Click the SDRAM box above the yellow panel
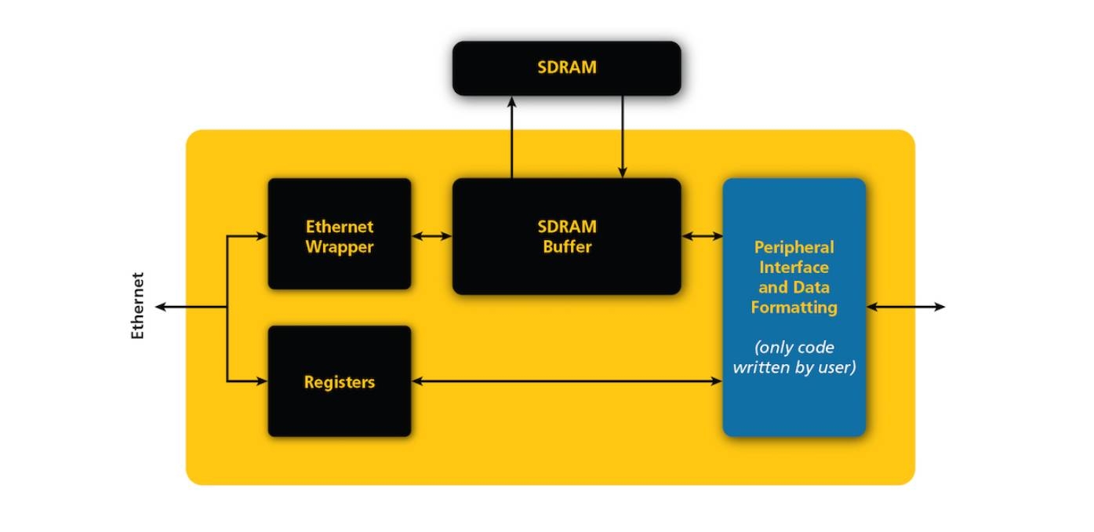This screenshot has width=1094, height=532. (x=566, y=68)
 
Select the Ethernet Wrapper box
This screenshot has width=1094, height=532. (x=339, y=234)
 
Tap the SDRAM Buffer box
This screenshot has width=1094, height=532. (x=566, y=236)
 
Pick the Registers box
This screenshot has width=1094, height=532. (x=339, y=381)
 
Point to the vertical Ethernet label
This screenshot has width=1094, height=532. (x=138, y=306)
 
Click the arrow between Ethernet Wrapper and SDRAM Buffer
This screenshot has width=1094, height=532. (x=431, y=235)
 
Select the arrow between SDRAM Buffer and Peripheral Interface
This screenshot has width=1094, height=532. (x=702, y=235)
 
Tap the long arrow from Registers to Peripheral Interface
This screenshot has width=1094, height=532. (x=566, y=381)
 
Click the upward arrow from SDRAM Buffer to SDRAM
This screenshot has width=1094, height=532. (x=511, y=137)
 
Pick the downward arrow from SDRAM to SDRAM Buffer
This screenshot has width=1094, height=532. (x=623, y=137)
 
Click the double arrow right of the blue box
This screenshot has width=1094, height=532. (x=906, y=307)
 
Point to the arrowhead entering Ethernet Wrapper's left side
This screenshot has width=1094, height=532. (x=262, y=235)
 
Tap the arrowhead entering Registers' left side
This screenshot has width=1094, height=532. (x=262, y=381)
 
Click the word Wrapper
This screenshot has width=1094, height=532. (x=339, y=247)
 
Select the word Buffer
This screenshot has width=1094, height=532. (x=566, y=247)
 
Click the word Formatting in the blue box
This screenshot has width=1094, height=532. (x=794, y=308)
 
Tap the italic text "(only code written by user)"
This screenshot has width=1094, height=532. (x=794, y=357)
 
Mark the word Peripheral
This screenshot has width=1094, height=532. (x=794, y=247)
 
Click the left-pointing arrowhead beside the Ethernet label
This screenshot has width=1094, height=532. (x=161, y=307)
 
